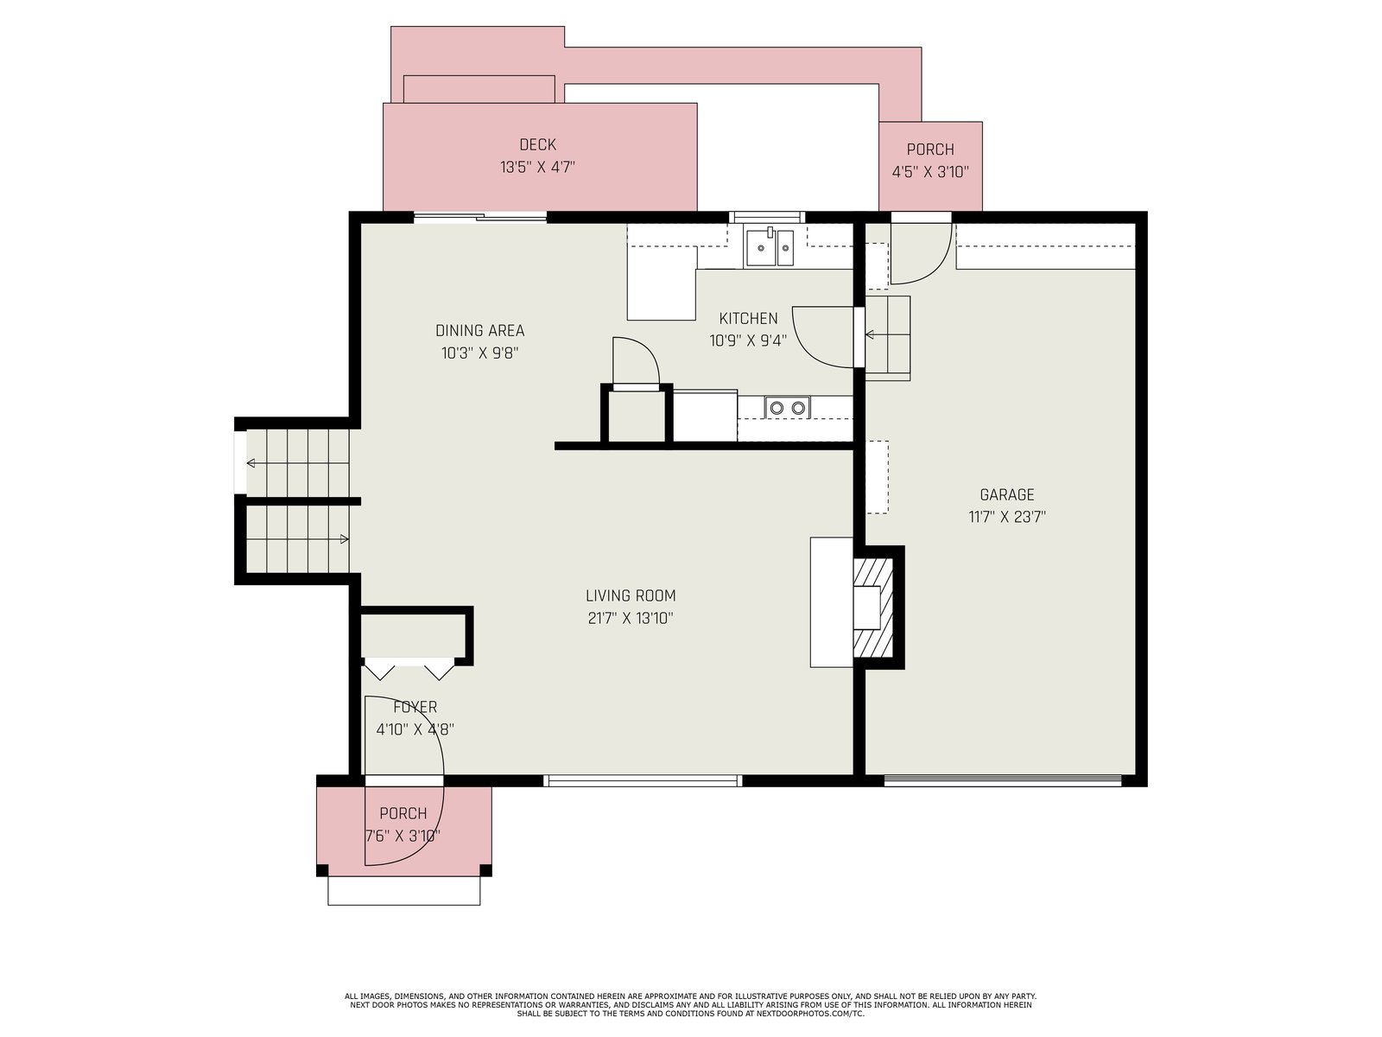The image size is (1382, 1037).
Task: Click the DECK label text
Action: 537,145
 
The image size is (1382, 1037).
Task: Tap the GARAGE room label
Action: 1007,494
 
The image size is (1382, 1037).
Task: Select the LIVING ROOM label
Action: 631,595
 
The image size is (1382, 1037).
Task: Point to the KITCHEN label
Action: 748,318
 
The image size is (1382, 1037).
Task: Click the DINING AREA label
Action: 479,330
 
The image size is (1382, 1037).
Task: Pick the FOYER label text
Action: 415,707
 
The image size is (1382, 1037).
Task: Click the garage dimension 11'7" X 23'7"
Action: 1007,517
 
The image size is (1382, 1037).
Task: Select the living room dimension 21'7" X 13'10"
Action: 631,618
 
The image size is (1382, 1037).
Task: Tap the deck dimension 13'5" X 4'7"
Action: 537,168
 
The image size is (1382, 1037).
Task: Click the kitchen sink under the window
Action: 770,247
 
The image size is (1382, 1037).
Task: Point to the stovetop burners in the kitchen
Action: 787,407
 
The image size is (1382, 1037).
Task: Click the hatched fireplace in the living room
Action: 872,608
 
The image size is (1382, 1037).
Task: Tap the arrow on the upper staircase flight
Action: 297,463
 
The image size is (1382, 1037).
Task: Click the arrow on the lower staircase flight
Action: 297,539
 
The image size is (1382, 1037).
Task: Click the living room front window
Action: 643,780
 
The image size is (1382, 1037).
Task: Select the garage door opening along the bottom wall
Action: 1003,780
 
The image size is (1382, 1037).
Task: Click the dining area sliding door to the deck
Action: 479,217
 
